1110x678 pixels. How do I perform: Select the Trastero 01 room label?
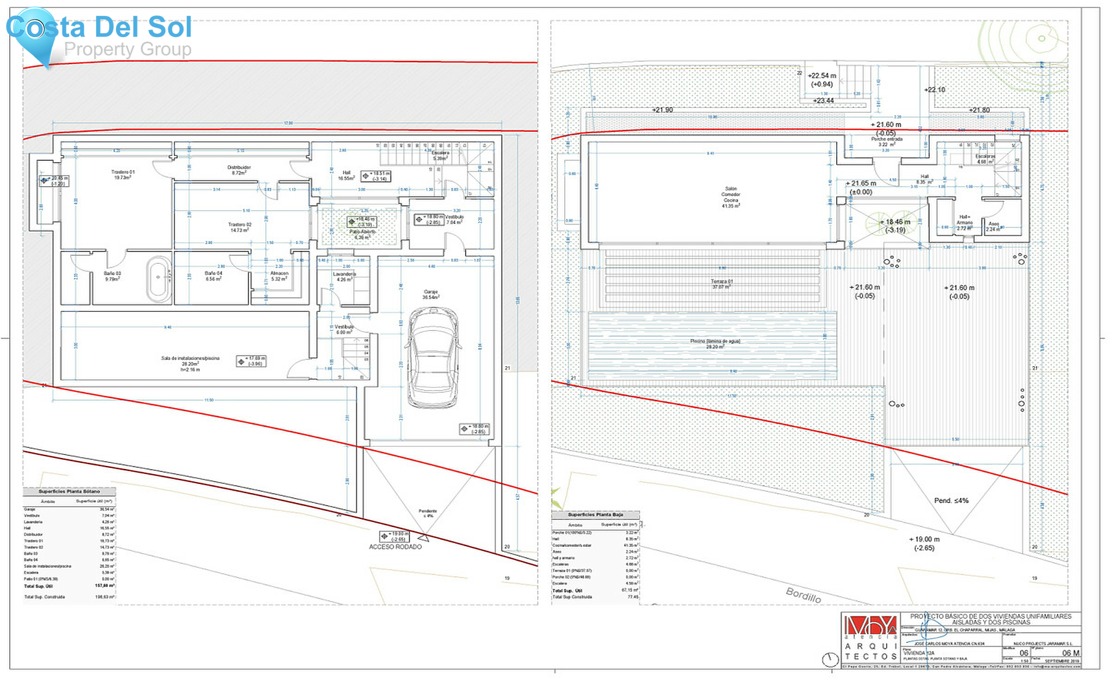click(122, 174)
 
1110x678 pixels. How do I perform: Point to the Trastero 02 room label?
click(239, 227)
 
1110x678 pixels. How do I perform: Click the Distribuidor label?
click(239, 170)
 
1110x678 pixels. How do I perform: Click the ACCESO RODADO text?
click(395, 547)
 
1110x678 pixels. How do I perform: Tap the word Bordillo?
click(803, 595)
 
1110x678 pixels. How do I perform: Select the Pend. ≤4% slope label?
click(951, 500)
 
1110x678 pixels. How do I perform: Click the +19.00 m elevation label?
click(924, 542)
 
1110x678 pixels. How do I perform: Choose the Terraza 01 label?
click(721, 284)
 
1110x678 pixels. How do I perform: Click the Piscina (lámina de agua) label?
click(715, 343)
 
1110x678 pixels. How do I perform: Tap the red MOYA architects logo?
click(870, 627)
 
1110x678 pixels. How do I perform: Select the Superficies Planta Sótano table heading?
click(69, 491)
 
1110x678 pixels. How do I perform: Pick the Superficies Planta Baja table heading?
click(595, 514)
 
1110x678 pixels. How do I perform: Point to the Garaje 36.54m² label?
click(430, 295)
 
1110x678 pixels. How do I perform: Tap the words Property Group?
click(128, 49)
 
